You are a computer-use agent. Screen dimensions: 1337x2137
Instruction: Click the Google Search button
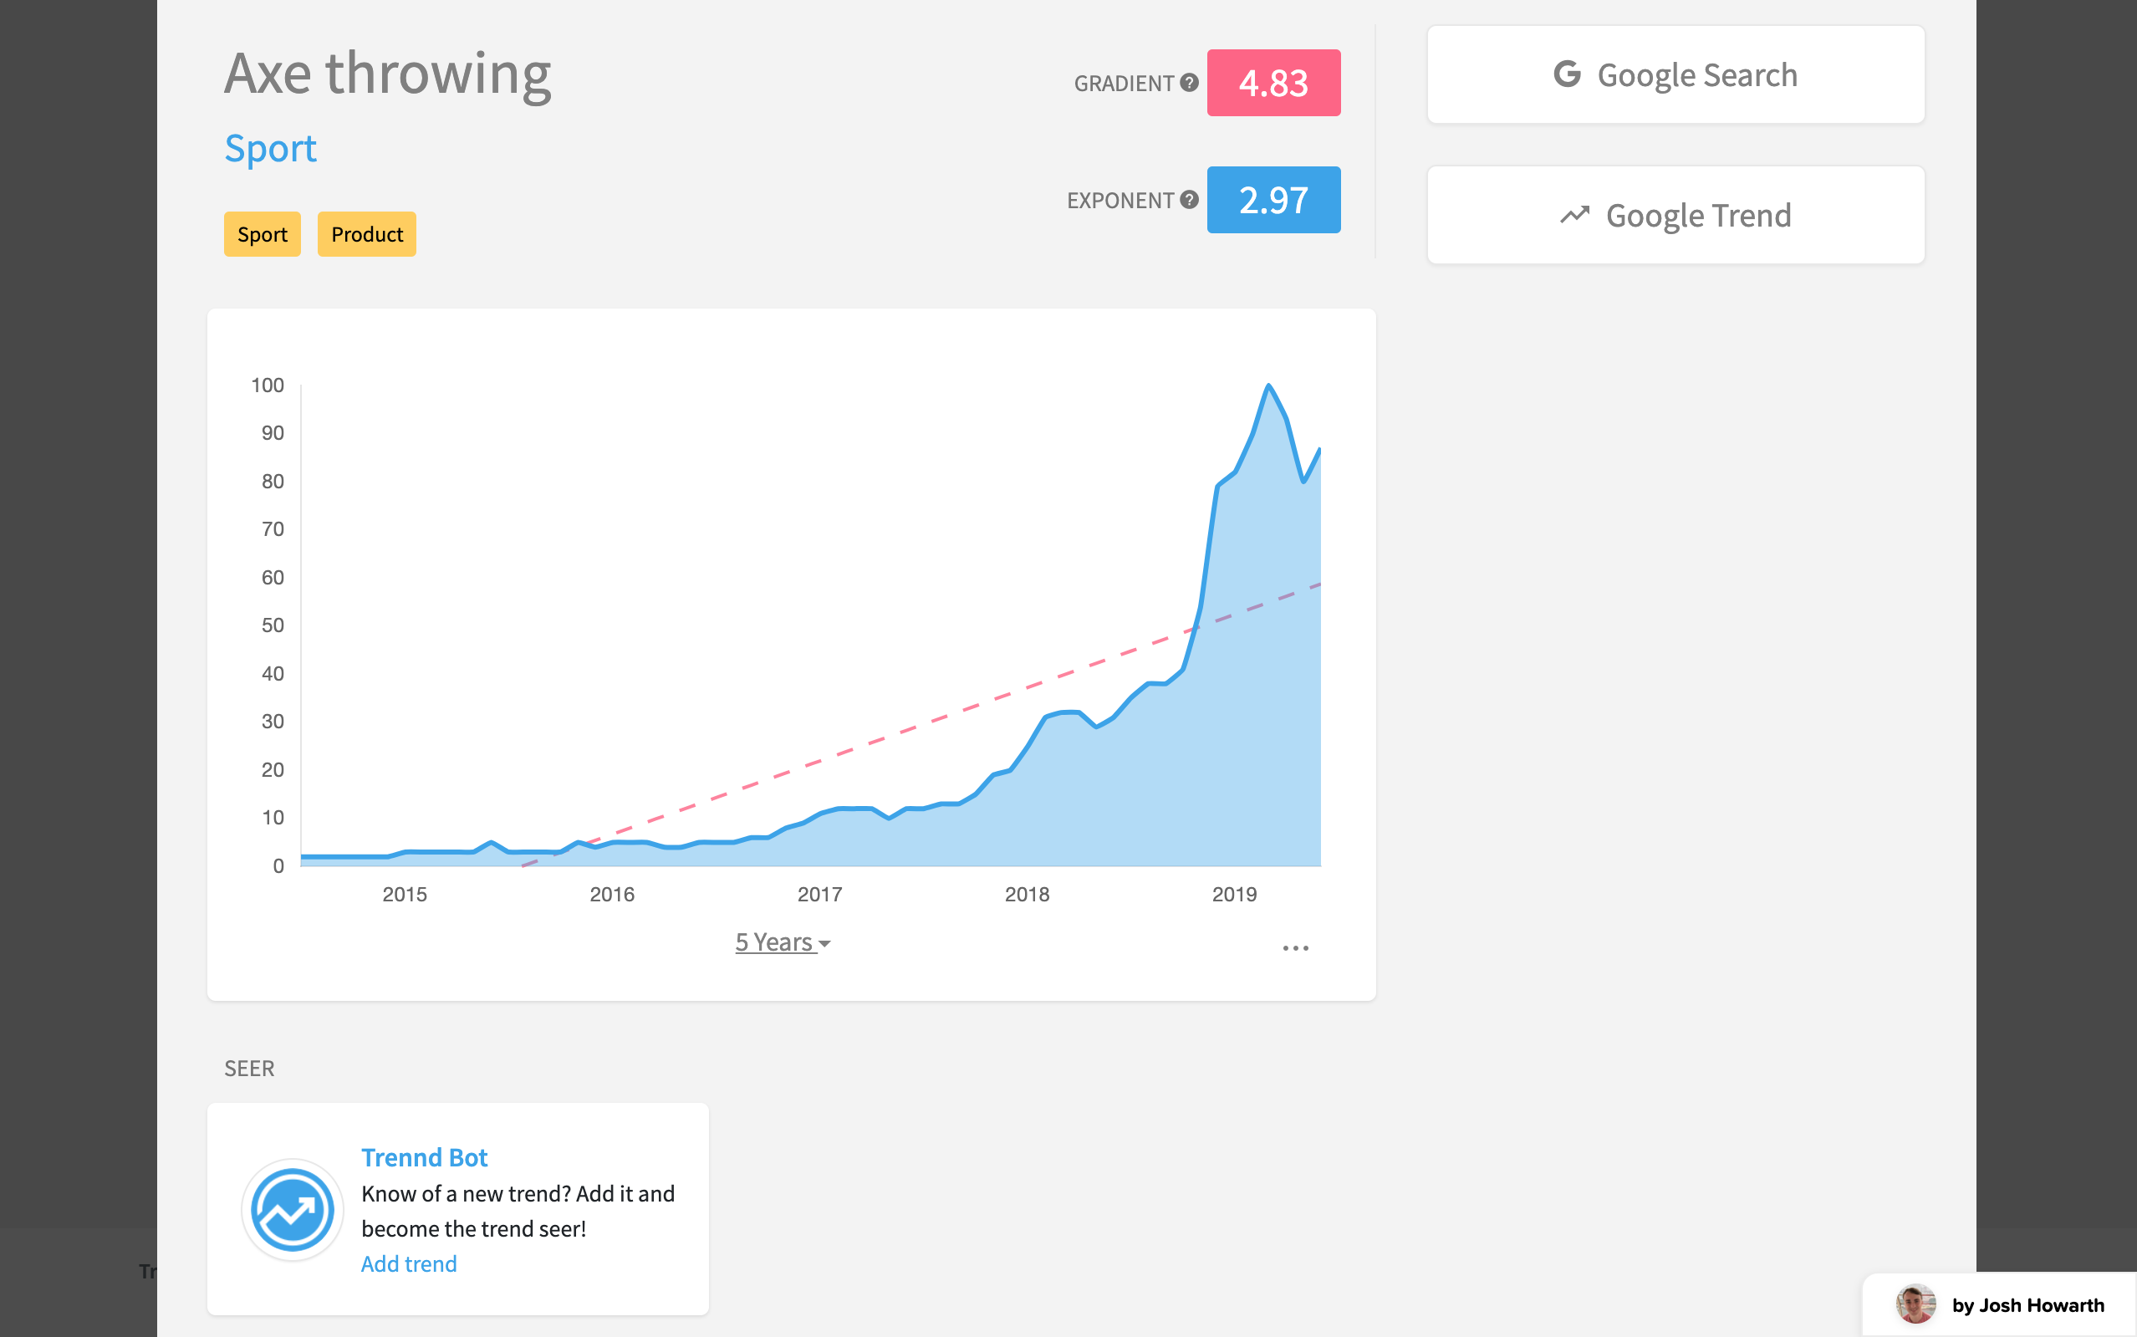coord(1675,75)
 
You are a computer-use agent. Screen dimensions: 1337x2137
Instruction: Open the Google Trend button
coord(1675,216)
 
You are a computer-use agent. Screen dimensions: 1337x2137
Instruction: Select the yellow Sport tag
coord(263,234)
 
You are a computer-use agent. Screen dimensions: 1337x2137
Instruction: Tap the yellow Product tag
coord(367,234)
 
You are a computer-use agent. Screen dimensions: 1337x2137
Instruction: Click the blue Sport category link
coord(271,149)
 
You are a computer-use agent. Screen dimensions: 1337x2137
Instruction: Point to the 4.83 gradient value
coord(1273,83)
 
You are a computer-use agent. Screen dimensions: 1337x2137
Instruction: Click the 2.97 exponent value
coord(1273,201)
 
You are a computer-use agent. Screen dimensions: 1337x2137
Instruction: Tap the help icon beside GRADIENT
coord(1190,83)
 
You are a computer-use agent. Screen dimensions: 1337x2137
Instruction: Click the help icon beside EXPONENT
coord(1190,200)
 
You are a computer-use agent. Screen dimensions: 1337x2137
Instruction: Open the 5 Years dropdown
coord(783,942)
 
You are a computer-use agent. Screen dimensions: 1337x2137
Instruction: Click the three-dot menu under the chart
coord(1295,948)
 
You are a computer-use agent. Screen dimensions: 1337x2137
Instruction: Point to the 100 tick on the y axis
coord(268,385)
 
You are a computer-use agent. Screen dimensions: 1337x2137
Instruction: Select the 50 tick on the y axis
coord(273,626)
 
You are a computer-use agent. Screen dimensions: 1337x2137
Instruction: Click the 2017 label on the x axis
coord(819,894)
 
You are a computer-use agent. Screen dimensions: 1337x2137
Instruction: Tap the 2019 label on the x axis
coord(1234,894)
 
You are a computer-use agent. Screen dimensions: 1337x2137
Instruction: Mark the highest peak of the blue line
coord(1269,385)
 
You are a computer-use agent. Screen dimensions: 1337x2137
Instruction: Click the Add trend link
coord(409,1263)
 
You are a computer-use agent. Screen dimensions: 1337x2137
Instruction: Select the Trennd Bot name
coord(425,1157)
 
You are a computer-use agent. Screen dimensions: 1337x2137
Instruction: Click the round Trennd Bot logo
coord(293,1210)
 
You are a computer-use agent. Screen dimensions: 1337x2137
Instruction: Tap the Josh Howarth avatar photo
coord(1915,1304)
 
